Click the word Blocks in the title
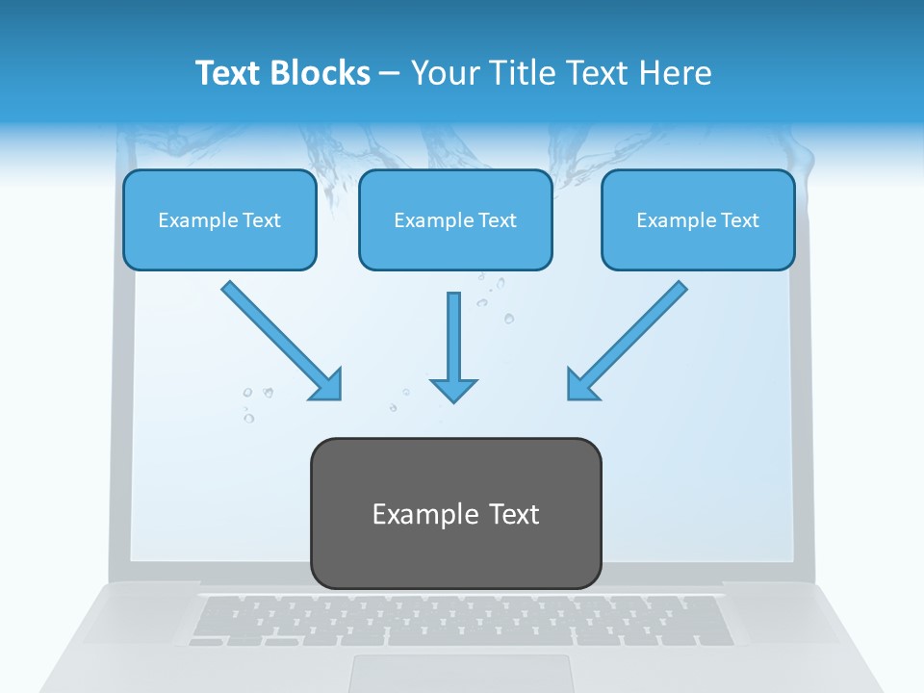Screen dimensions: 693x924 click(x=321, y=73)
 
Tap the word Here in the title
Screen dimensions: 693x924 click(x=679, y=73)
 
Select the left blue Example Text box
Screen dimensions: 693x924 click(x=219, y=219)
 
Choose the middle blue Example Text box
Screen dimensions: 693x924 click(x=455, y=219)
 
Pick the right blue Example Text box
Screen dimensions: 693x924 click(x=698, y=219)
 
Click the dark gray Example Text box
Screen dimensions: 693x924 click(x=455, y=513)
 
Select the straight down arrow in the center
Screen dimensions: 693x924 click(x=453, y=346)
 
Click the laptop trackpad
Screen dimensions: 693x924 click(x=460, y=673)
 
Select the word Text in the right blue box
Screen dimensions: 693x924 click(x=739, y=220)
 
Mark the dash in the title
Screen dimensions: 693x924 click(x=390, y=74)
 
